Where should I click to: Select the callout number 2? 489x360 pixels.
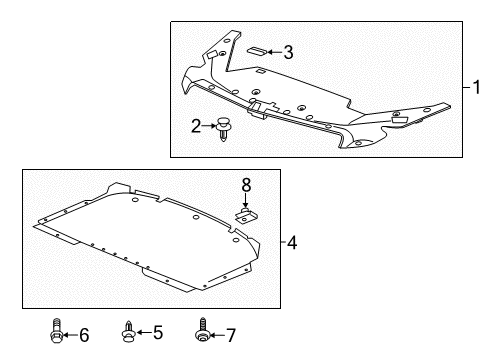click(196, 124)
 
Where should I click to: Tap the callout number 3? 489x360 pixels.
click(289, 51)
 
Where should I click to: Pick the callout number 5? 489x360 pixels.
click(156, 332)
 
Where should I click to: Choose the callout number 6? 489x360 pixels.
click(83, 332)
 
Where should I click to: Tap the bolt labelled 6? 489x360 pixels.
click(57, 332)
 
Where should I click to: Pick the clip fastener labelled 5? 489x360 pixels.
click(129, 332)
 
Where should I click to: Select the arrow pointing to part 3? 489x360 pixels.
click(272, 51)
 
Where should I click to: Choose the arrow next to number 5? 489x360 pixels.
click(143, 332)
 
